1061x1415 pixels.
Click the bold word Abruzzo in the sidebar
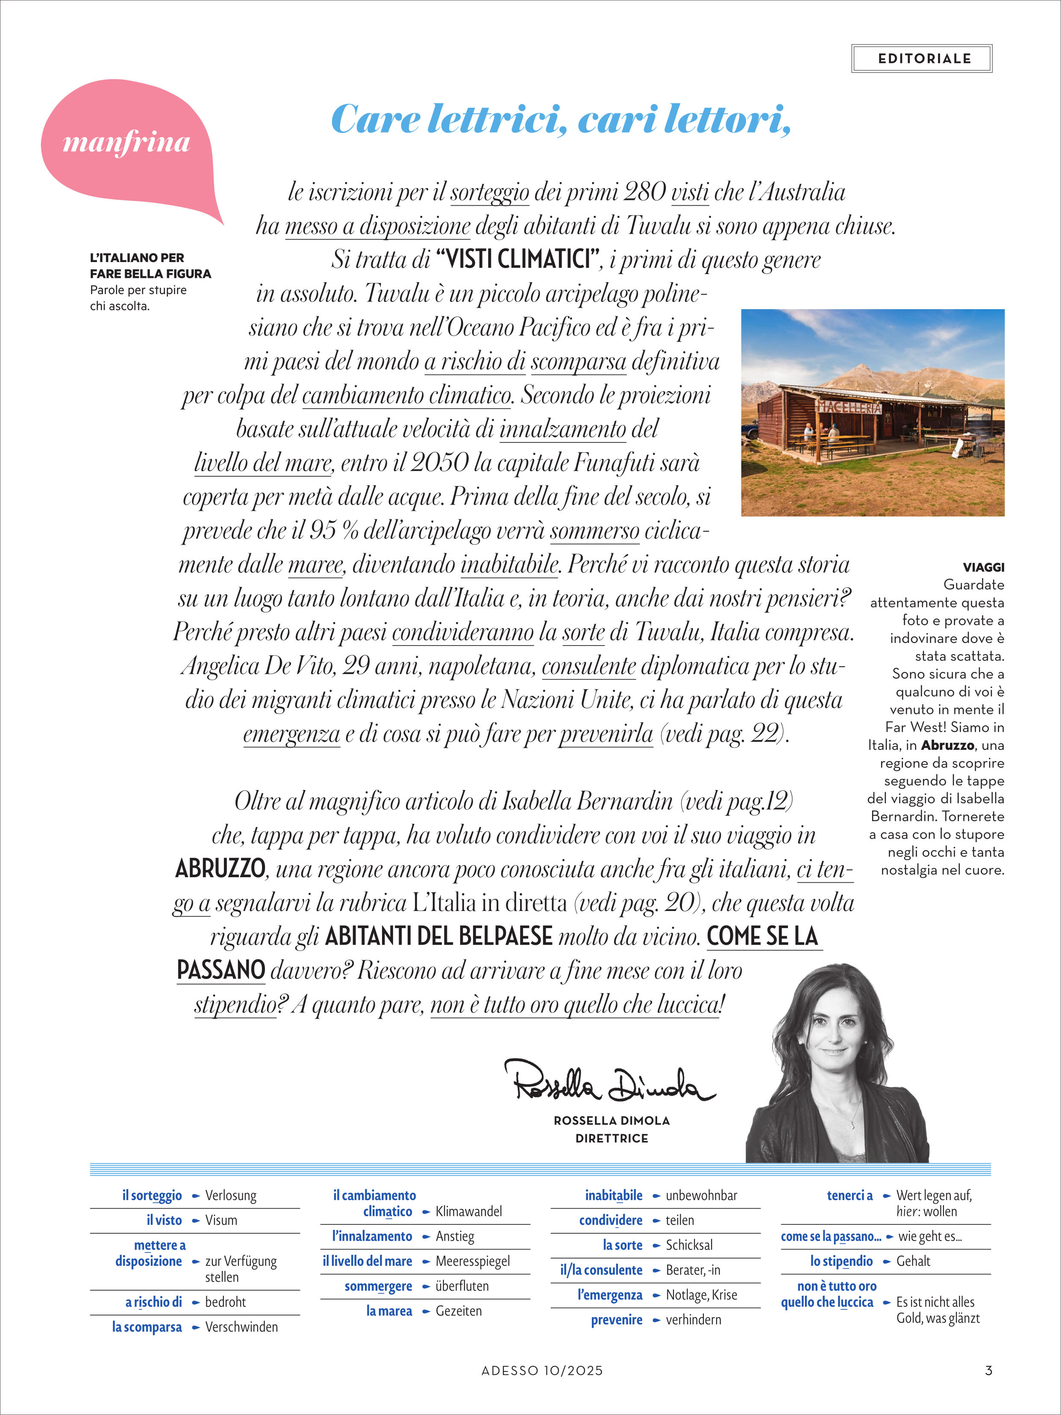tap(947, 745)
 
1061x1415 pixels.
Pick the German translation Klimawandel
tap(468, 1211)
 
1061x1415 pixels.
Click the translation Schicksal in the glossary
tap(689, 1245)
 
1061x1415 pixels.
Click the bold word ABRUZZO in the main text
tap(220, 869)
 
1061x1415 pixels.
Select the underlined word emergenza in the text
tap(291, 734)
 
